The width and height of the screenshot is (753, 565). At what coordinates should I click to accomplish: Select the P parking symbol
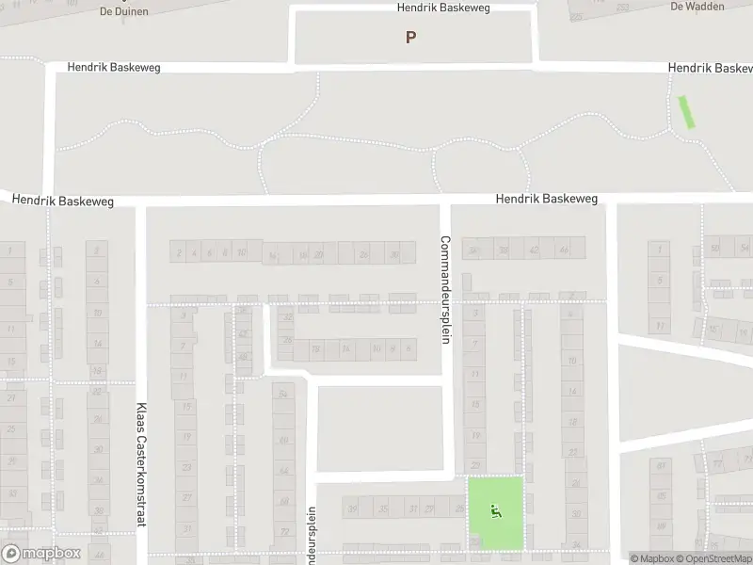pos(410,38)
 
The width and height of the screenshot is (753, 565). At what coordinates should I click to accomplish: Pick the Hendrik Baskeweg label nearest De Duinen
pos(115,68)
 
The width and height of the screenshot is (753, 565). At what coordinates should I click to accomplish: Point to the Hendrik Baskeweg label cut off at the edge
pos(710,69)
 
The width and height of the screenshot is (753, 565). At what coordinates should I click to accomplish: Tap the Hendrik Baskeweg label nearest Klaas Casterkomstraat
pos(62,202)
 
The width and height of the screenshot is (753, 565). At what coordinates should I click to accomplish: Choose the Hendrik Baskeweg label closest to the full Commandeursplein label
pos(547,199)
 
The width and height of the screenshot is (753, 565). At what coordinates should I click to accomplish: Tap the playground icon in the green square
pos(496,511)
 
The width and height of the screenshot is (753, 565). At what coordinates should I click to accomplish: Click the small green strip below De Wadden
pos(687,111)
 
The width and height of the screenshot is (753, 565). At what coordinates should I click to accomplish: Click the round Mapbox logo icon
pos(12,553)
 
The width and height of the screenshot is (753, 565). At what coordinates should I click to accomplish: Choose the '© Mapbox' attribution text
pos(650,557)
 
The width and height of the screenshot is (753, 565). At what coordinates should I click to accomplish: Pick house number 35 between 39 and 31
pos(382,508)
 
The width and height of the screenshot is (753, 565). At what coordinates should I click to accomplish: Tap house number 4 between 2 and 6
pos(193,252)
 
